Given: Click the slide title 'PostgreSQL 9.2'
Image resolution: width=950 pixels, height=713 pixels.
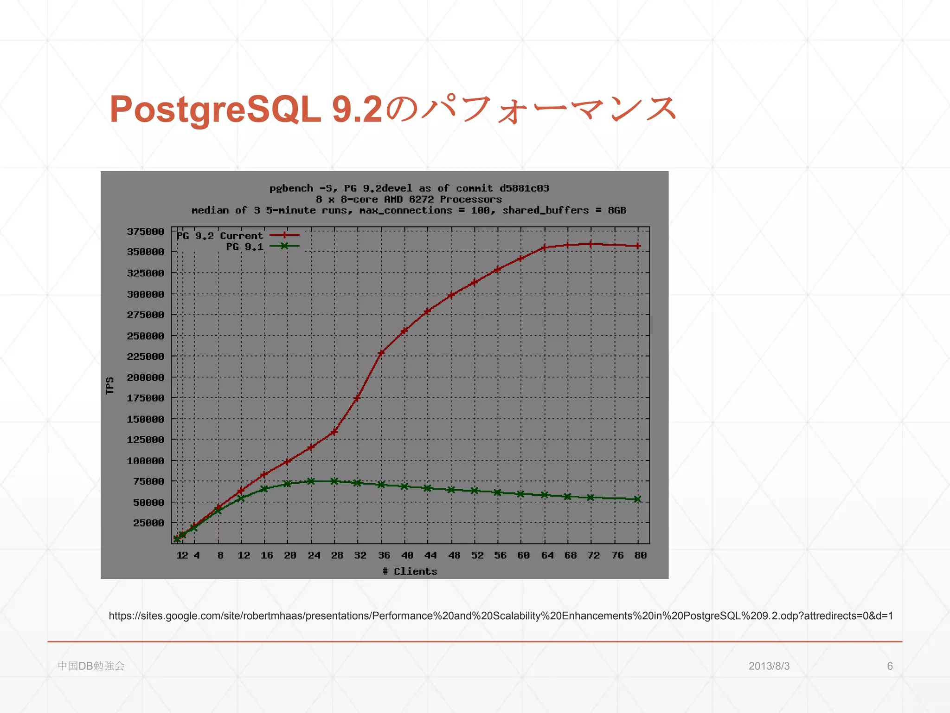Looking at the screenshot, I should [246, 110].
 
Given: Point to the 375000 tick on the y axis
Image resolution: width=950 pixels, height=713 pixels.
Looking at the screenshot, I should [146, 231].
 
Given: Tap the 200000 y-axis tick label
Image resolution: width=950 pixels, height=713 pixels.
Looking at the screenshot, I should [146, 377].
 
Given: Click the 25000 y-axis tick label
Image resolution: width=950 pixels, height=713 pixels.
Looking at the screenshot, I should [148, 523].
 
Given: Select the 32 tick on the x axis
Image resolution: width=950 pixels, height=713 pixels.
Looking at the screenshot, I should [360, 555].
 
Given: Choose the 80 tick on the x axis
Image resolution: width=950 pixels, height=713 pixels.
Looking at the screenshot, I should [640, 555].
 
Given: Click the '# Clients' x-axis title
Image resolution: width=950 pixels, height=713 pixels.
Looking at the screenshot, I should [410, 571].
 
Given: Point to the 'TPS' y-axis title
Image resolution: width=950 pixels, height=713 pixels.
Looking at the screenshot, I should [110, 385].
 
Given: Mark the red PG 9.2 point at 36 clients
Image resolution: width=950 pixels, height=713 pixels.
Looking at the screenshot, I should [381, 353].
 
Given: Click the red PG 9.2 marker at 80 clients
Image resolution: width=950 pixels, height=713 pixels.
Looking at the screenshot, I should [638, 246].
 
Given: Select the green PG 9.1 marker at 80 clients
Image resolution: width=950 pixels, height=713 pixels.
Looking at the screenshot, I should [637, 499].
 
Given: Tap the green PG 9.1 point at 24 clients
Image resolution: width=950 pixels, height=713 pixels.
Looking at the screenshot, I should [311, 481].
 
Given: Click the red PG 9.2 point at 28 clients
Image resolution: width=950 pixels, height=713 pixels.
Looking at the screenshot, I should [334, 432].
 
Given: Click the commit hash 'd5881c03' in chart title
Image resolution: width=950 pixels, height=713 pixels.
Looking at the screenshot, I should [524, 188].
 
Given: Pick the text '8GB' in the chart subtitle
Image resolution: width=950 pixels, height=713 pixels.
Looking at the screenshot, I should [617, 210].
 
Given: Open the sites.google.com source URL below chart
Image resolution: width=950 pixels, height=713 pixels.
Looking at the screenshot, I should [501, 616].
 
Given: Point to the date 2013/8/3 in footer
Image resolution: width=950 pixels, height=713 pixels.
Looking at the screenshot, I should [769, 666].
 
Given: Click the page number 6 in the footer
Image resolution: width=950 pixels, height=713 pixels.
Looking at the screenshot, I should [890, 666].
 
